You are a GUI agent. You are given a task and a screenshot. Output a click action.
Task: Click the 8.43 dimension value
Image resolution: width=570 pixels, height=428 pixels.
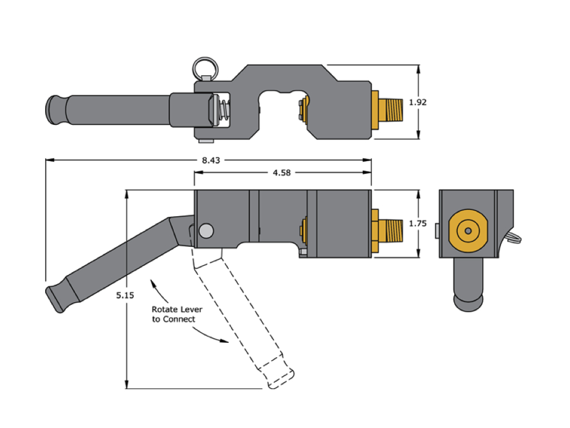tap(211, 160)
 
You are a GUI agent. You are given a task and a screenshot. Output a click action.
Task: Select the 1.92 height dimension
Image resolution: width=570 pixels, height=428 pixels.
tap(417, 103)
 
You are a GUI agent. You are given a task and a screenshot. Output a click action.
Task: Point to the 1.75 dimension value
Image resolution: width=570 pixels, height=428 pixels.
tap(417, 223)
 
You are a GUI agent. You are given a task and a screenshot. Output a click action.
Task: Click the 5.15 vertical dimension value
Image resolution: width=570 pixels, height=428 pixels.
tap(125, 295)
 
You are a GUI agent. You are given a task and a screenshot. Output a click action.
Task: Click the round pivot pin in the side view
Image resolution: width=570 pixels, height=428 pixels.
tap(206, 230)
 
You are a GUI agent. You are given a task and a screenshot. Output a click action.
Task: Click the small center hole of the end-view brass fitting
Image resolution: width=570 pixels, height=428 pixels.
tap(468, 231)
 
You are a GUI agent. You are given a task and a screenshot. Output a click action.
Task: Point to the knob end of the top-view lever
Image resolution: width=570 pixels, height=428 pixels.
tap(55, 110)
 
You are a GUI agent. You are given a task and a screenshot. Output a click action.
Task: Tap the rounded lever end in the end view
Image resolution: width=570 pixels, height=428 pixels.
tap(469, 301)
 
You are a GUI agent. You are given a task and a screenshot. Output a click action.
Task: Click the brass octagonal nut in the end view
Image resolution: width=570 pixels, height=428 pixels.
tap(468, 231)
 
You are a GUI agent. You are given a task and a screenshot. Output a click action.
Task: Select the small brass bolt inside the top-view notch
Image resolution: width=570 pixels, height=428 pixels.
tap(303, 109)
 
